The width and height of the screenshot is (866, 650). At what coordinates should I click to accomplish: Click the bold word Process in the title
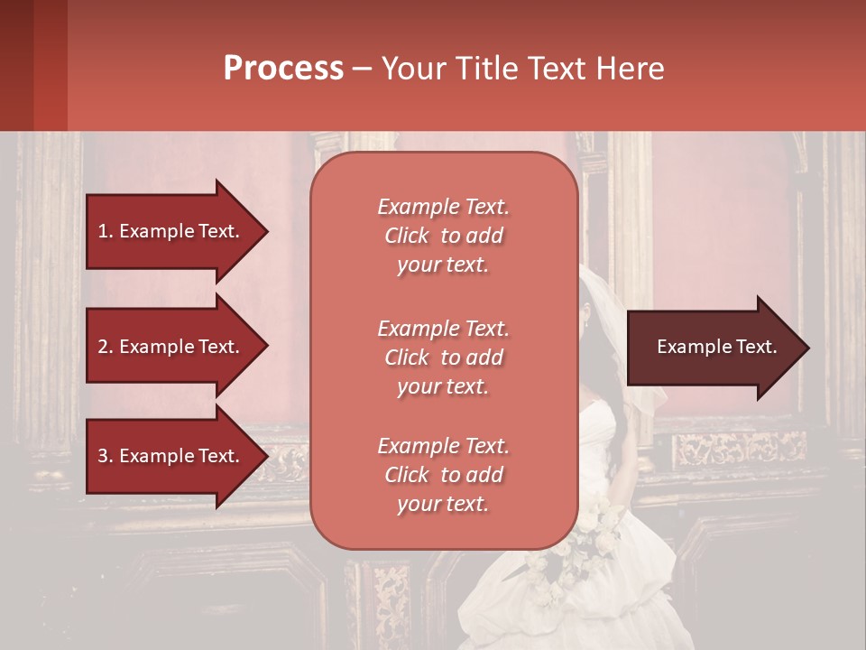coord(283,69)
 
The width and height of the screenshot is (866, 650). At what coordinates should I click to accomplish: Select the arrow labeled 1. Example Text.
coord(171,231)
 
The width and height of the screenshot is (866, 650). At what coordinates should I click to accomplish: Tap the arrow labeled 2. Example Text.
coord(171,347)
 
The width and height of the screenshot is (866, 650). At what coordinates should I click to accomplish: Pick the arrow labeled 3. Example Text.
coord(171,456)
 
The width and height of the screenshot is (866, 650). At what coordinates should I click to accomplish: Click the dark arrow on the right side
coord(713,348)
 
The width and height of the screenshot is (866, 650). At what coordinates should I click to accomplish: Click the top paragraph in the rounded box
coord(443,236)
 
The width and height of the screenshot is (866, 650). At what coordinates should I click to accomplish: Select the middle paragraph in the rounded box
coord(443,357)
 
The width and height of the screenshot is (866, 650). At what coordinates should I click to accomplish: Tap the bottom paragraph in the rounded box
coord(443,475)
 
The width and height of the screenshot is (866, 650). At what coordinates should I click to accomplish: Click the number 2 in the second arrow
coord(103,347)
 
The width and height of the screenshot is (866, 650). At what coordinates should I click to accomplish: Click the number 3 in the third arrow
coord(103,456)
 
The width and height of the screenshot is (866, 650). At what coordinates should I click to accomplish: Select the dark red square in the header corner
coord(33,65)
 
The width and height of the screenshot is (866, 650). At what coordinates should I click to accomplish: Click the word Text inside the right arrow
coord(757,347)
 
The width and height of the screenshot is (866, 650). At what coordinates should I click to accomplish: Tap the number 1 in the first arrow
coord(102,231)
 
